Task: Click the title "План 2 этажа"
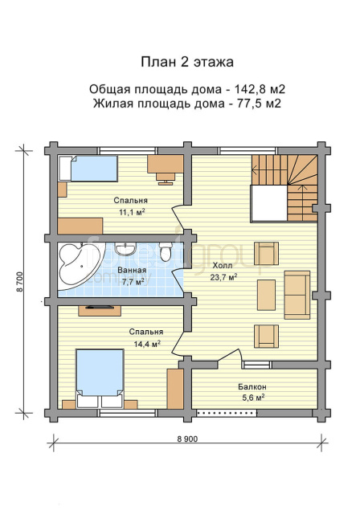click(187, 62)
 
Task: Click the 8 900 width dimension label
click(187, 439)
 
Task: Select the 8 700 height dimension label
click(20, 282)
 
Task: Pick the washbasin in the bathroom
click(125, 249)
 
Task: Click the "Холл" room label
click(223, 266)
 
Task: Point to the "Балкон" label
click(252, 387)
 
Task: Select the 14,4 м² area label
click(147, 344)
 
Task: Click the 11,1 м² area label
click(132, 212)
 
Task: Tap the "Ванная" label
click(132, 271)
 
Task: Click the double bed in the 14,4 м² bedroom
click(100, 378)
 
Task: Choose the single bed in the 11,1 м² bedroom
click(88, 168)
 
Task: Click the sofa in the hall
click(297, 295)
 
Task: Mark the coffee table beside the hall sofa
click(266, 295)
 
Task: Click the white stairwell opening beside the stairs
click(269, 204)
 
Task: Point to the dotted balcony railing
click(227, 413)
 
